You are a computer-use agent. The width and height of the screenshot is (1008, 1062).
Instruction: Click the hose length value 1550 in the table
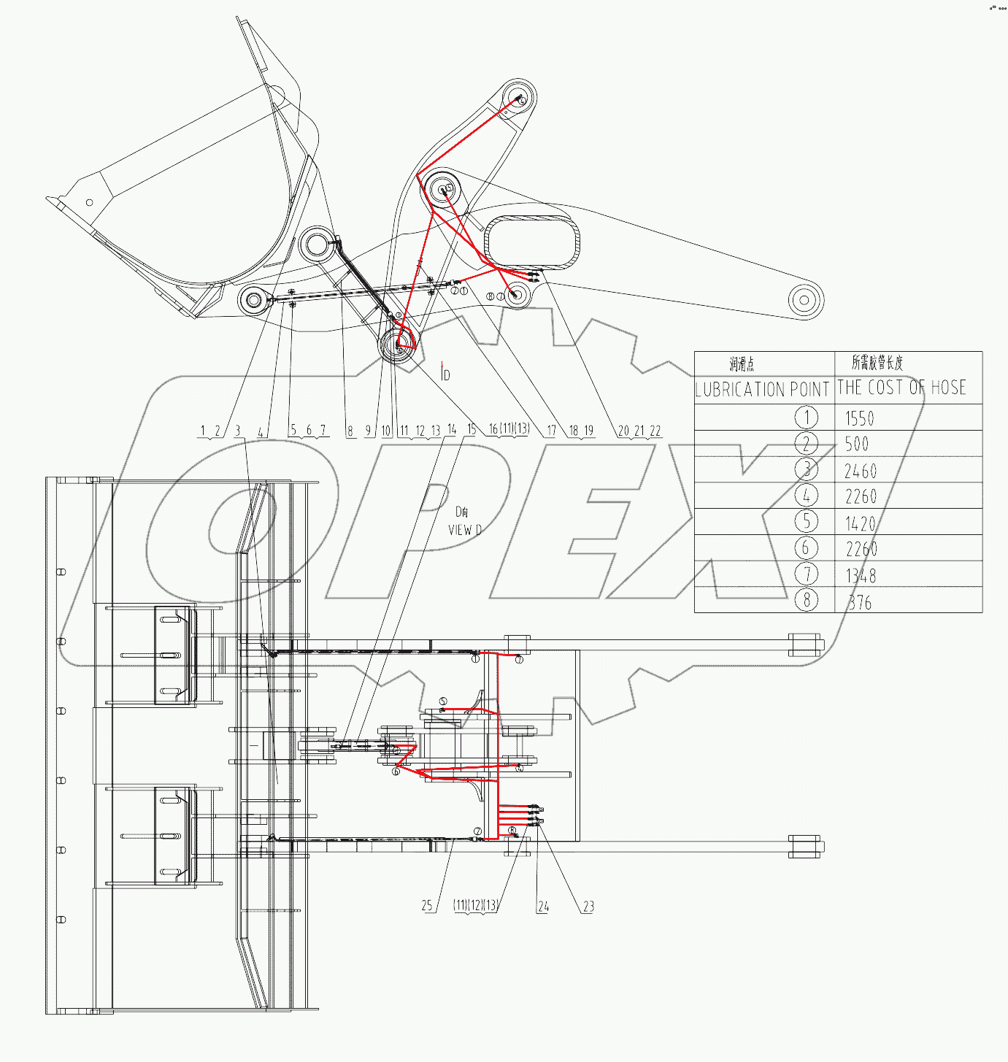(859, 418)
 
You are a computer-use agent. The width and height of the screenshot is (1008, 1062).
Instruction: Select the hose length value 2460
(861, 471)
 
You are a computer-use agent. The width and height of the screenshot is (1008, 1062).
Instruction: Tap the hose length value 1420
(860, 523)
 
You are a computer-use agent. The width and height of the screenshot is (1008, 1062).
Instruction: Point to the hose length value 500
(857, 444)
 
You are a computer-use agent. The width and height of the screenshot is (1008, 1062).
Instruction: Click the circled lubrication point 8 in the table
(806, 600)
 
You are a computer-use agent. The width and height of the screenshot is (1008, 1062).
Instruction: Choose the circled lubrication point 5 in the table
(806, 522)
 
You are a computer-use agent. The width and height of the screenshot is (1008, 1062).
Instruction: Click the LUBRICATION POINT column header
(763, 389)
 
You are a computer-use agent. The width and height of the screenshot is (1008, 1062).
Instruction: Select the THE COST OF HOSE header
(901, 388)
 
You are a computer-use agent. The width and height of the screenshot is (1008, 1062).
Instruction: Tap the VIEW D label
(464, 530)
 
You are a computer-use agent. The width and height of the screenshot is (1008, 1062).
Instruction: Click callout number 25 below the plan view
(427, 906)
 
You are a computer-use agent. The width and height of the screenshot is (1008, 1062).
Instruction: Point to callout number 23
(588, 907)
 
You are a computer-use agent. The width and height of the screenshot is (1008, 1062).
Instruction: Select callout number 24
(543, 907)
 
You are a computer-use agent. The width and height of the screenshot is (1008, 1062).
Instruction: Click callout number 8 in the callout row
(350, 431)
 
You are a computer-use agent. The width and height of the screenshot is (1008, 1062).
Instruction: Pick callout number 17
(551, 431)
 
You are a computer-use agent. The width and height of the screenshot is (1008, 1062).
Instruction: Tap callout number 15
(472, 429)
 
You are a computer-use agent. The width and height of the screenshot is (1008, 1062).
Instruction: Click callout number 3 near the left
(237, 431)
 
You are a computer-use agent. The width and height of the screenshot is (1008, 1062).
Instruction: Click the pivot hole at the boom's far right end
(805, 299)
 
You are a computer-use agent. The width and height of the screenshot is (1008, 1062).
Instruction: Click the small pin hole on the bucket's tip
(90, 202)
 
